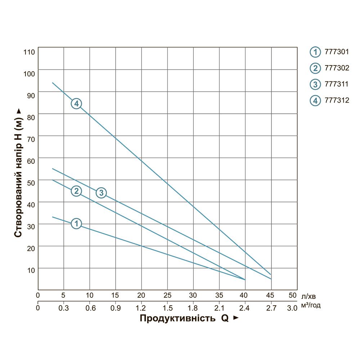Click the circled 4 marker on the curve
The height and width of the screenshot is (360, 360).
pyautogui.click(x=76, y=104)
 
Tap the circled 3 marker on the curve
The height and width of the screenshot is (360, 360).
pyautogui.click(x=101, y=193)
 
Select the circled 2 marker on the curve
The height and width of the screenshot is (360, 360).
pyautogui.click(x=76, y=191)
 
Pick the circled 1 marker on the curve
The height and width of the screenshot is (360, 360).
pyautogui.click(x=76, y=224)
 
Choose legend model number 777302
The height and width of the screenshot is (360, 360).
pyautogui.click(x=337, y=67)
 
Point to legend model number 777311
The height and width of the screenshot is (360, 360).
pyautogui.click(x=337, y=84)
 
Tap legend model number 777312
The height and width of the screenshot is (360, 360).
pyautogui.click(x=337, y=100)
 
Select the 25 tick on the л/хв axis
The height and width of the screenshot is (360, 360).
pyautogui.click(x=167, y=296)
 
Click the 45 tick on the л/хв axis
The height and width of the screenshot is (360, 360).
pyautogui.click(x=271, y=296)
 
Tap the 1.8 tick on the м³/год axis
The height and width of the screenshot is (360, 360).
pyautogui.click(x=193, y=308)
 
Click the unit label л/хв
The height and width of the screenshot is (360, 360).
pyautogui.click(x=310, y=297)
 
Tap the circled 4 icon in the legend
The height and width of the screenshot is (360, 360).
pyautogui.click(x=315, y=101)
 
